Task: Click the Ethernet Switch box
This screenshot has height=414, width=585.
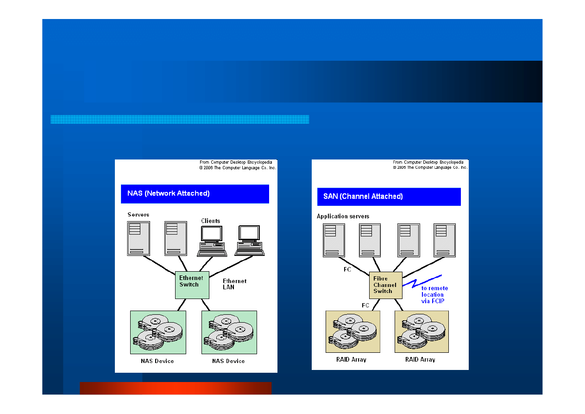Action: (x=192, y=285)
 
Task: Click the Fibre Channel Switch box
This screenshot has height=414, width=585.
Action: (x=386, y=285)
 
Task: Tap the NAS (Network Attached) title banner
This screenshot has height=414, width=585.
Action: (x=195, y=194)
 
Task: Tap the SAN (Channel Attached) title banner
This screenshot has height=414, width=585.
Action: (x=389, y=197)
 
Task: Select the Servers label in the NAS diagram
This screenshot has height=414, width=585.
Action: (x=138, y=215)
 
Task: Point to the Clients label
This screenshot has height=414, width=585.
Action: (x=210, y=221)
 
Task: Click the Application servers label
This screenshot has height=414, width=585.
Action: (x=343, y=216)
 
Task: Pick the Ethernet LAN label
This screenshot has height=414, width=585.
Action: (x=234, y=284)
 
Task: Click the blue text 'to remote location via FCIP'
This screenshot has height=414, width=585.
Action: (x=434, y=294)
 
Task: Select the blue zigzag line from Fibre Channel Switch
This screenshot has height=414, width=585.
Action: (x=422, y=281)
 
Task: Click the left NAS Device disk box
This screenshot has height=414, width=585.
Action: (x=158, y=332)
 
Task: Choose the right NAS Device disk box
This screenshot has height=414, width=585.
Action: (x=229, y=332)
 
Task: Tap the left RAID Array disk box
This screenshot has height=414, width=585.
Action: (x=353, y=331)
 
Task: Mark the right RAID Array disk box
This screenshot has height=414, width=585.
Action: (x=422, y=331)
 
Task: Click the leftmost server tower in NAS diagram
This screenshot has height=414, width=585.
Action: (x=138, y=238)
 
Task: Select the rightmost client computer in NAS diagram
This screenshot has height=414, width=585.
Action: (x=249, y=241)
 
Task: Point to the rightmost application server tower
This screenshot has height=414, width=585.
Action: (x=445, y=240)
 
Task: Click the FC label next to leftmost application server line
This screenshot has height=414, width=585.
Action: (x=347, y=269)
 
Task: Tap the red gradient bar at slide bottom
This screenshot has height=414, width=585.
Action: (x=176, y=388)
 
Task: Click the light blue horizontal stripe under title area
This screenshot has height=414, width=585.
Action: (x=180, y=119)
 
